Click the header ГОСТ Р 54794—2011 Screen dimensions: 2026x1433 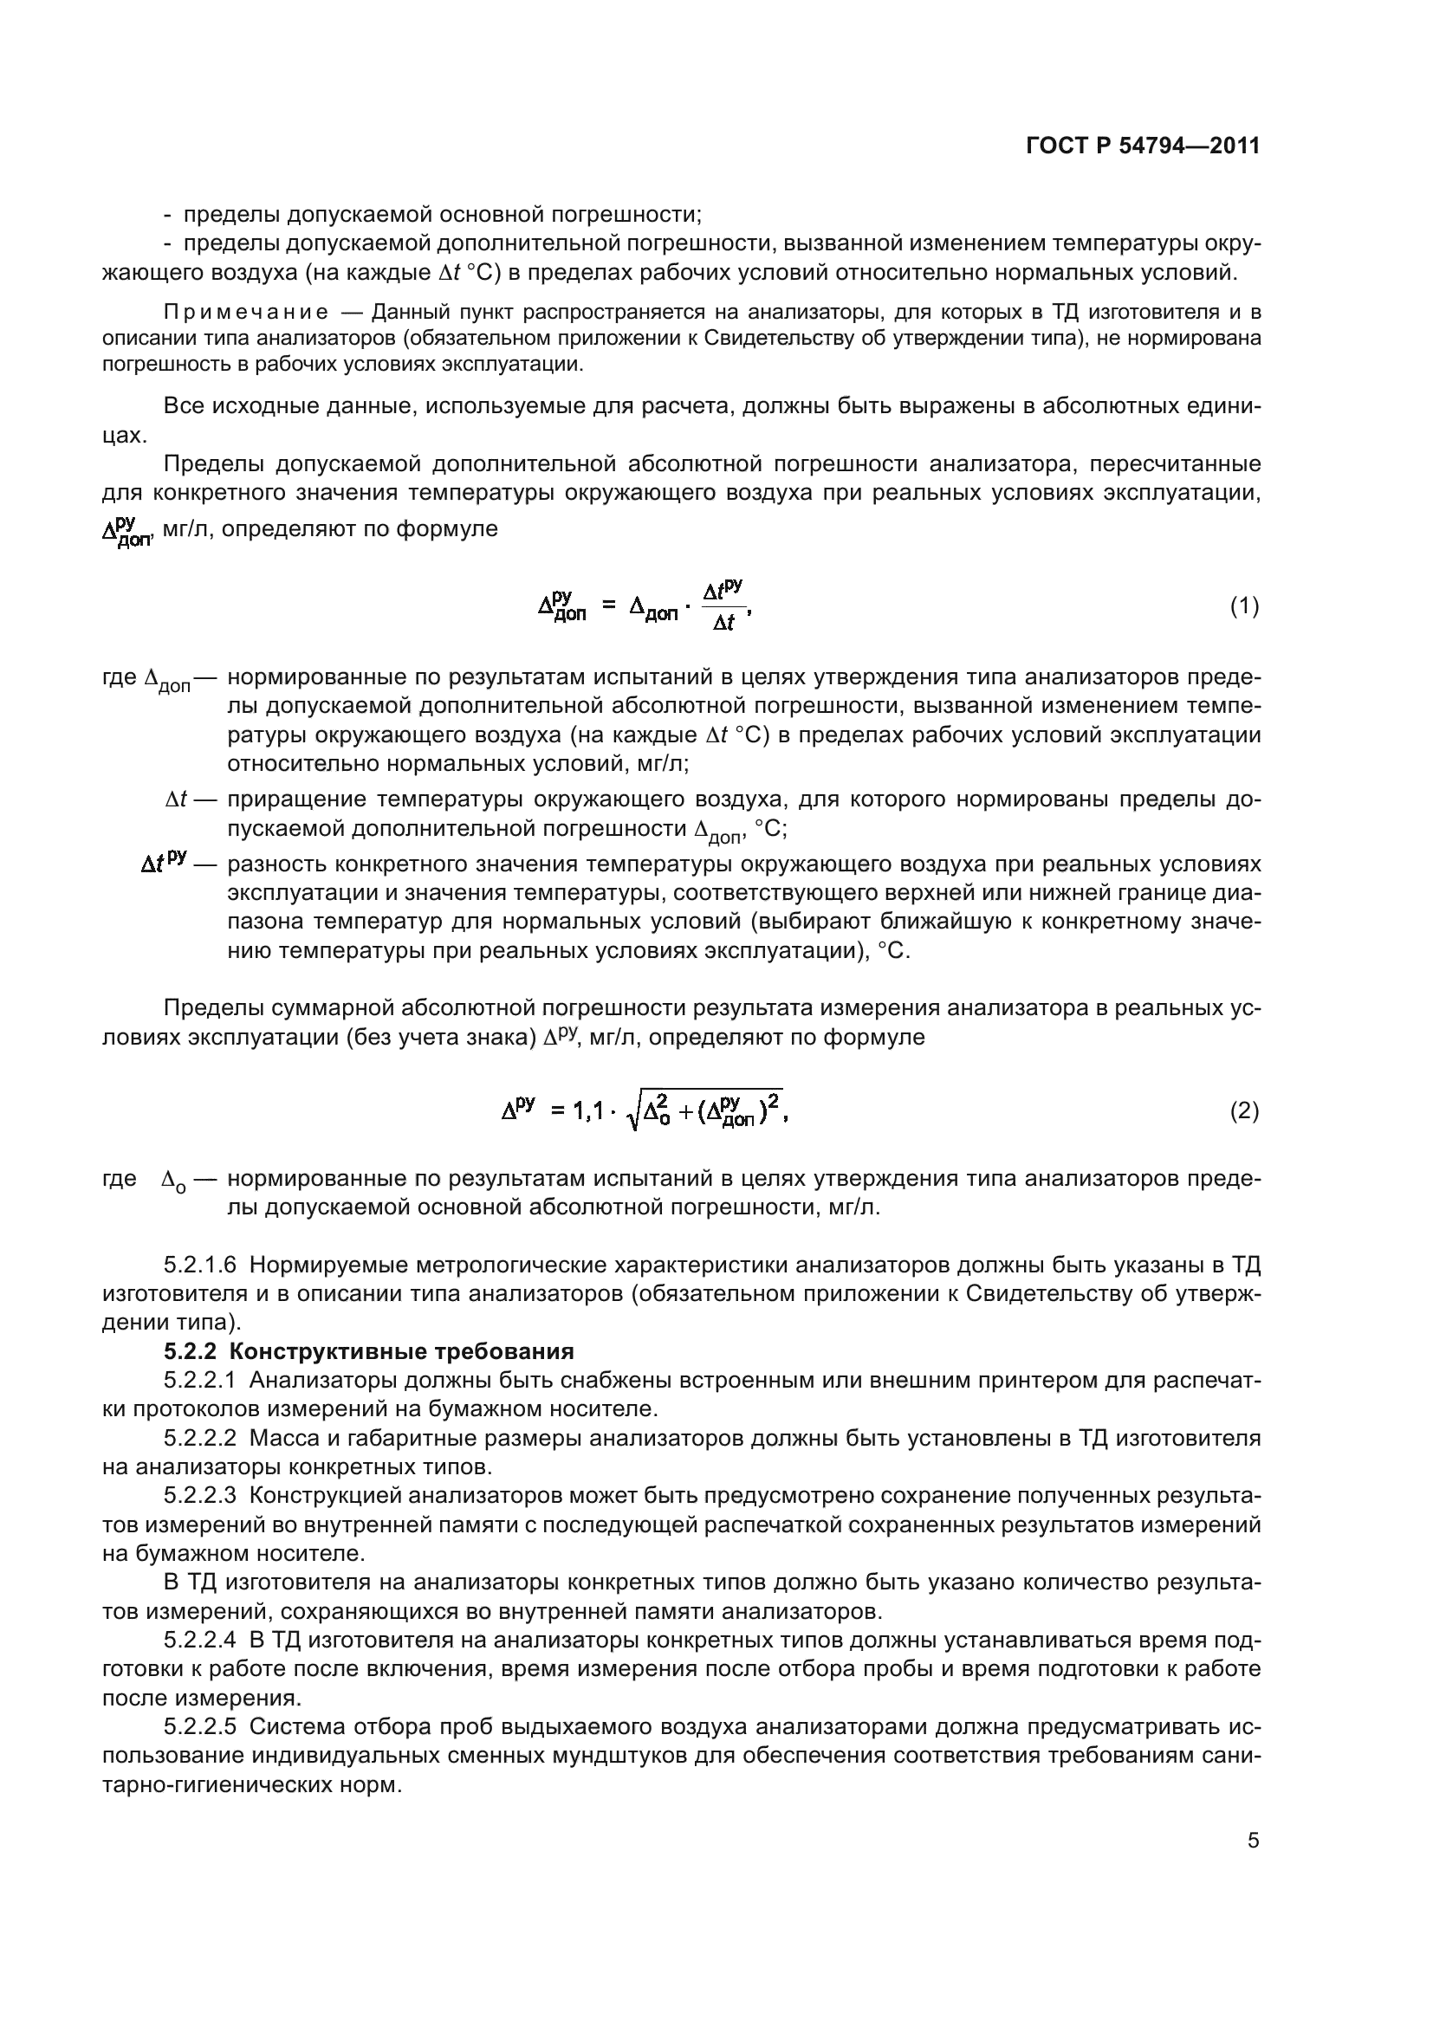1144,146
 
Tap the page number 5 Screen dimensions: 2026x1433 1253,1841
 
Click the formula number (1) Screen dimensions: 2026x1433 1244,606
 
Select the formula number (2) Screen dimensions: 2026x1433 1244,1111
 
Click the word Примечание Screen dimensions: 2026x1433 246,313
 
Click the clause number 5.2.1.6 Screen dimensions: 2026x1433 200,1265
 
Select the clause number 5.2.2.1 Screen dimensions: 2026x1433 200,1380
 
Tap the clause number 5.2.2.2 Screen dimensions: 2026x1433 200,1439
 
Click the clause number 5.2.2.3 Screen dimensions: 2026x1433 200,1496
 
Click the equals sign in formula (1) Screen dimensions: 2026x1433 608,606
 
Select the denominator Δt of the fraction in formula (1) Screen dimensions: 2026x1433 723,624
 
